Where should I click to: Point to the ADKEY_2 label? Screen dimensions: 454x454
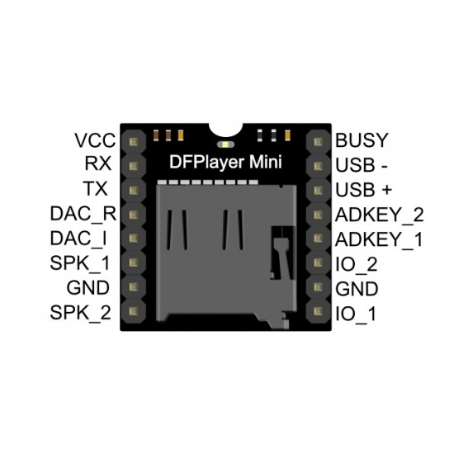[380, 215]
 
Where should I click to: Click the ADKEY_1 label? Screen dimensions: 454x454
[380, 239]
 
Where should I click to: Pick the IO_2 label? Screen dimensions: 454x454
[357, 264]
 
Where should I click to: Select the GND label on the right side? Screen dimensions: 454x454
[357, 289]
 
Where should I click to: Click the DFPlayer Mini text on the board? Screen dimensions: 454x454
[226, 163]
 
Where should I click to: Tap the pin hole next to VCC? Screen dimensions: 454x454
[131, 141]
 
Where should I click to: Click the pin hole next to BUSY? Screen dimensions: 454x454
[319, 141]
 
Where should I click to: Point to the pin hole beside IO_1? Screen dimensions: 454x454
[319, 314]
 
